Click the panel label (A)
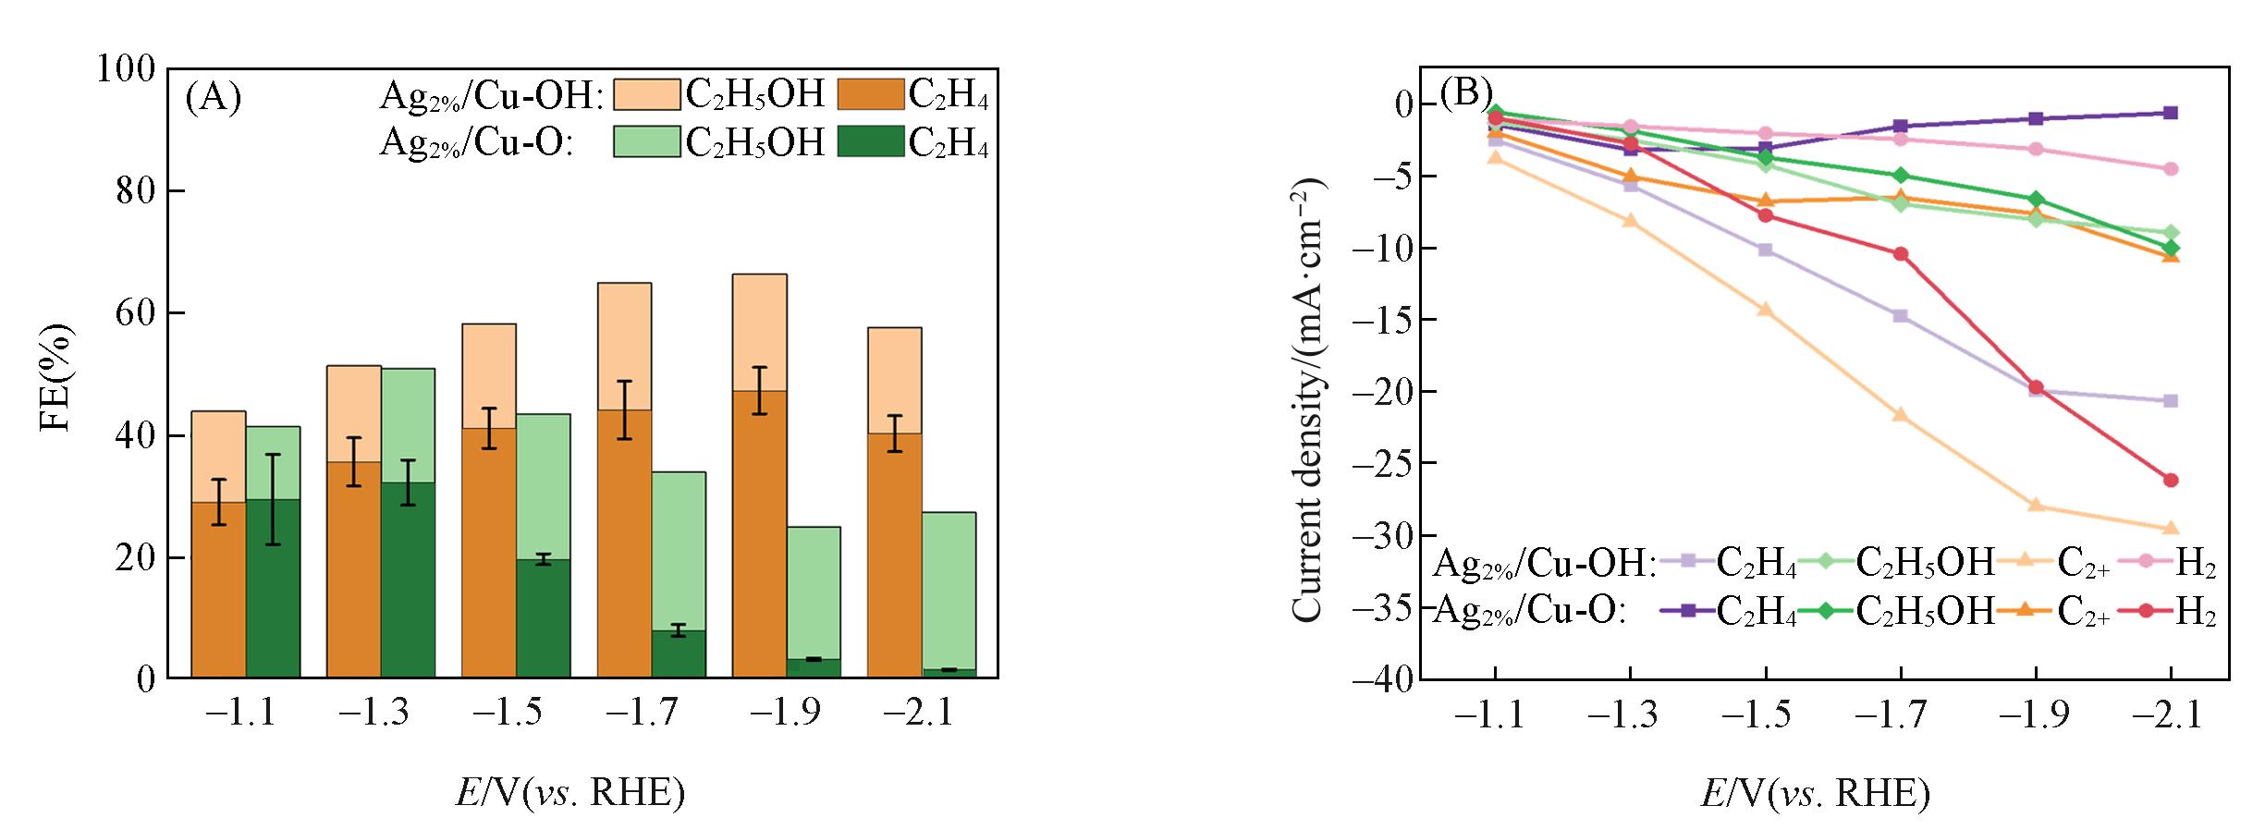point(214,96)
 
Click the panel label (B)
point(1467,92)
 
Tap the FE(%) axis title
point(56,377)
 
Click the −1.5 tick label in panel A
point(508,714)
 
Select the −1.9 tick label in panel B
point(2035,714)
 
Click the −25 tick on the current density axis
point(1383,464)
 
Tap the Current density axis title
point(1308,400)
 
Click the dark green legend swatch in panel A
point(870,141)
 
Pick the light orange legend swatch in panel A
point(646,94)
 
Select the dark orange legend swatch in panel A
point(870,94)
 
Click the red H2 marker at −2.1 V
point(2171,480)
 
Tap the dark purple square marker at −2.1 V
point(2171,113)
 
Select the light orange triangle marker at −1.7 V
point(1901,415)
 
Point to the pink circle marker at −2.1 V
point(2171,169)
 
